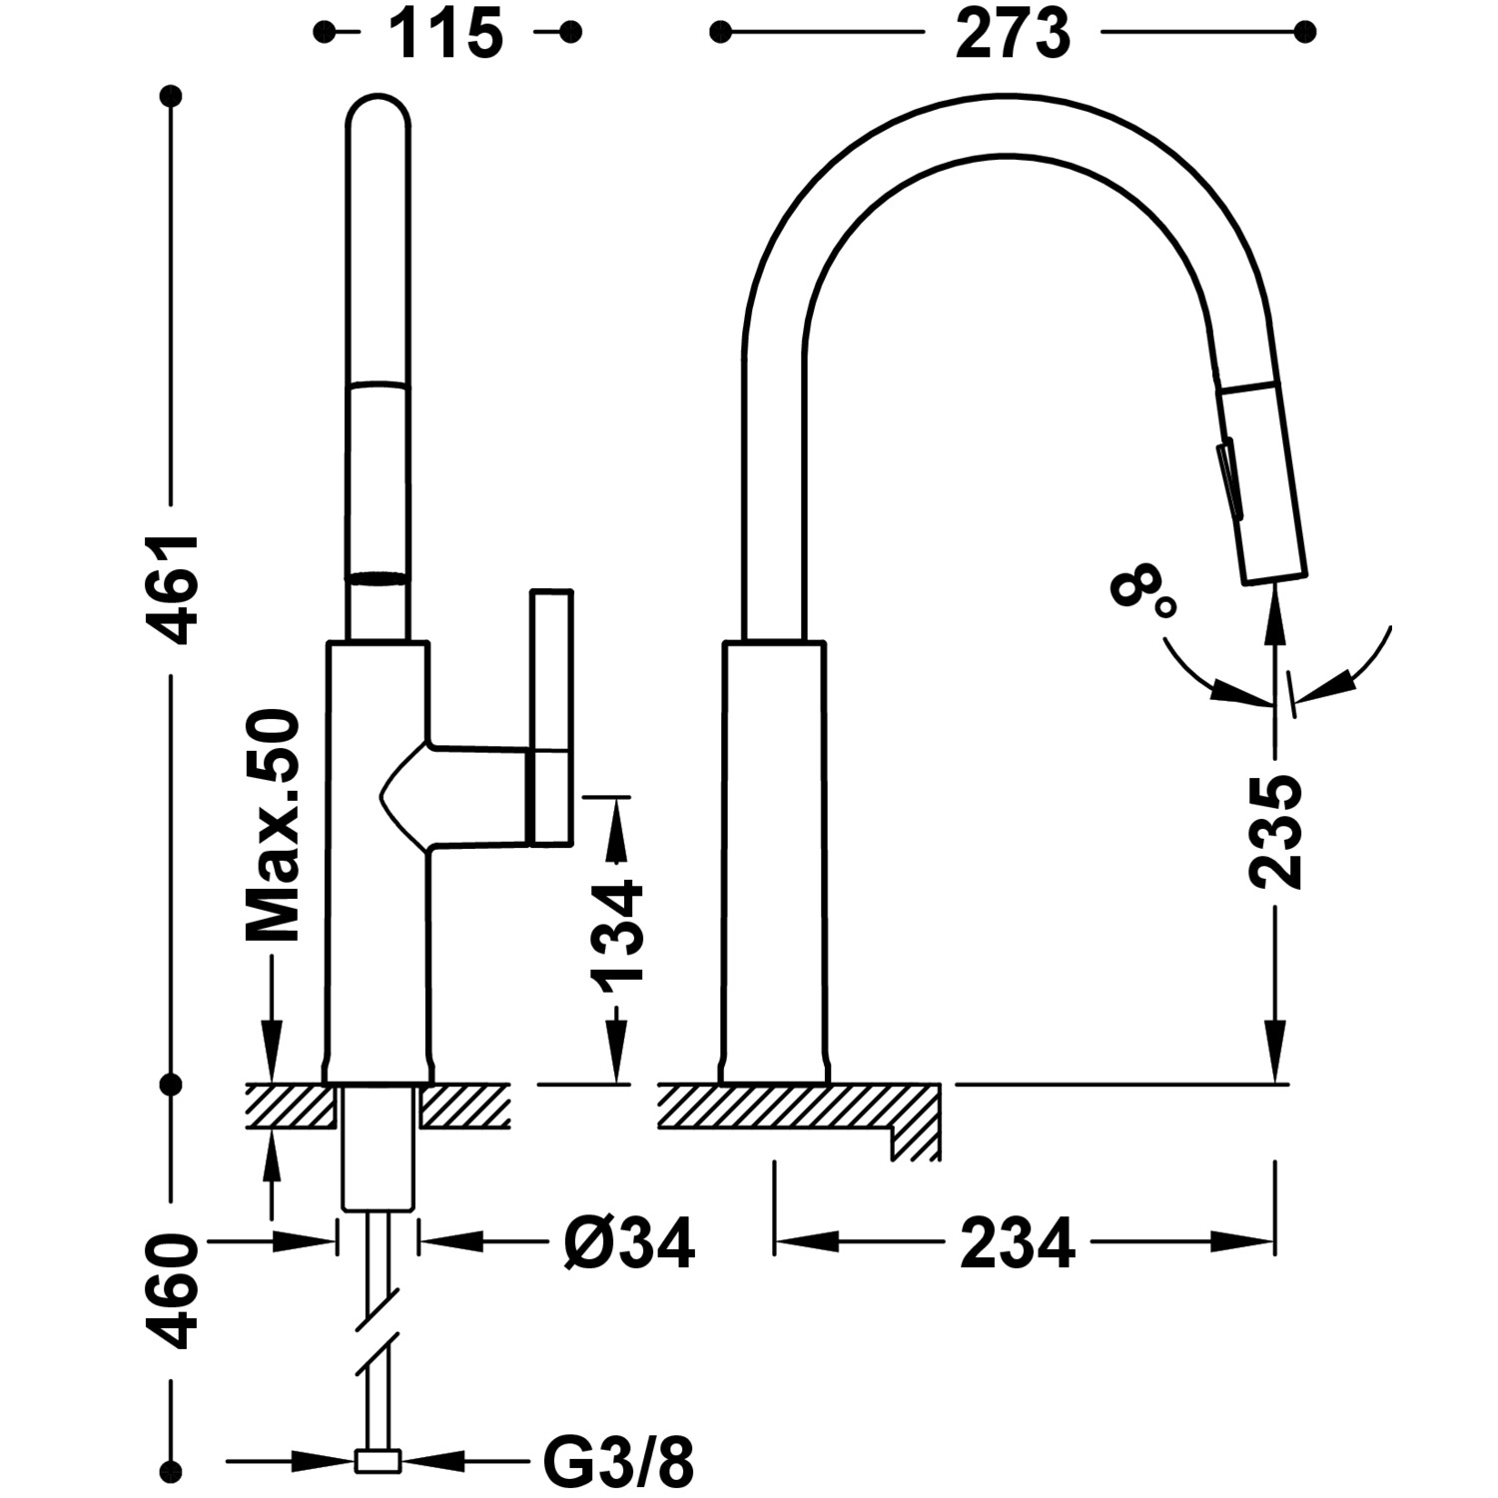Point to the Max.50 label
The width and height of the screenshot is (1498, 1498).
pos(273,826)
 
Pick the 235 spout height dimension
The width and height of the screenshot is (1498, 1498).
pos(1275,831)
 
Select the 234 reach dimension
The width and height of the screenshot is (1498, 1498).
pos(1018,1243)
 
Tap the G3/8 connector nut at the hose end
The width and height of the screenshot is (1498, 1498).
pos(377,1463)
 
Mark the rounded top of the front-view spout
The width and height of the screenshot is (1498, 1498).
pos(377,115)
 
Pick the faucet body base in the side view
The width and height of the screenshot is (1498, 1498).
pos(775,859)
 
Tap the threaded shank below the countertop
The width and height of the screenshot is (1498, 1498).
pos(377,1148)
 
